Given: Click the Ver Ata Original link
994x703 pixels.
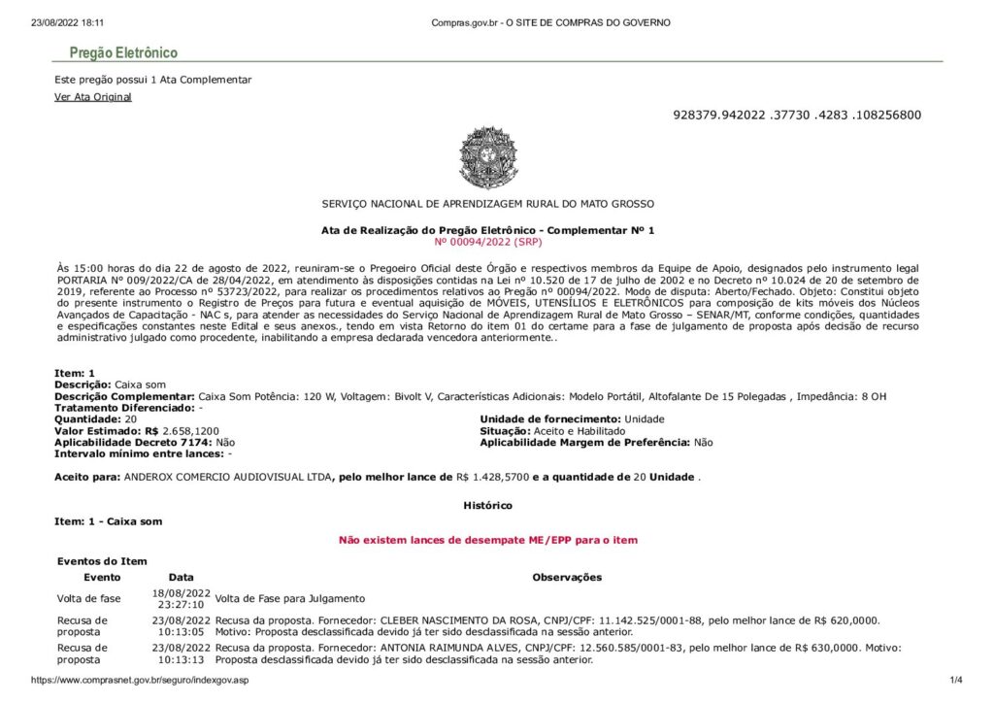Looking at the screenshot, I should tap(93, 97).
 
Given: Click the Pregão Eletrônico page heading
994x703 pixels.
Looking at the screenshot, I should tap(123, 53).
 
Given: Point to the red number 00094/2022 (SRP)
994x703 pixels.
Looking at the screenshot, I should tap(487, 241).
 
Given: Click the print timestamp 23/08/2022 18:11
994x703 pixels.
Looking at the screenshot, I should tap(68, 22).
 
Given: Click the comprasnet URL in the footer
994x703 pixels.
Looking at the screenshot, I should tap(140, 680).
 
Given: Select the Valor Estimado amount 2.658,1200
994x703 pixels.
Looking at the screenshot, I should tap(191, 430).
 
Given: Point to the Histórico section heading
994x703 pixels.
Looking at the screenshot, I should tap(487, 505).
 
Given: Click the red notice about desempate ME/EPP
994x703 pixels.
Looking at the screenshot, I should tap(487, 540).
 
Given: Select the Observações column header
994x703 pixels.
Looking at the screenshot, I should tap(567, 577).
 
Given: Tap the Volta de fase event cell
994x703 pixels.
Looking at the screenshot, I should tap(89, 598).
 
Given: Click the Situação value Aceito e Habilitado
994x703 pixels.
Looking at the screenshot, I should tap(573, 430).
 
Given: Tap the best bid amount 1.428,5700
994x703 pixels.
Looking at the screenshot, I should tap(498, 477).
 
